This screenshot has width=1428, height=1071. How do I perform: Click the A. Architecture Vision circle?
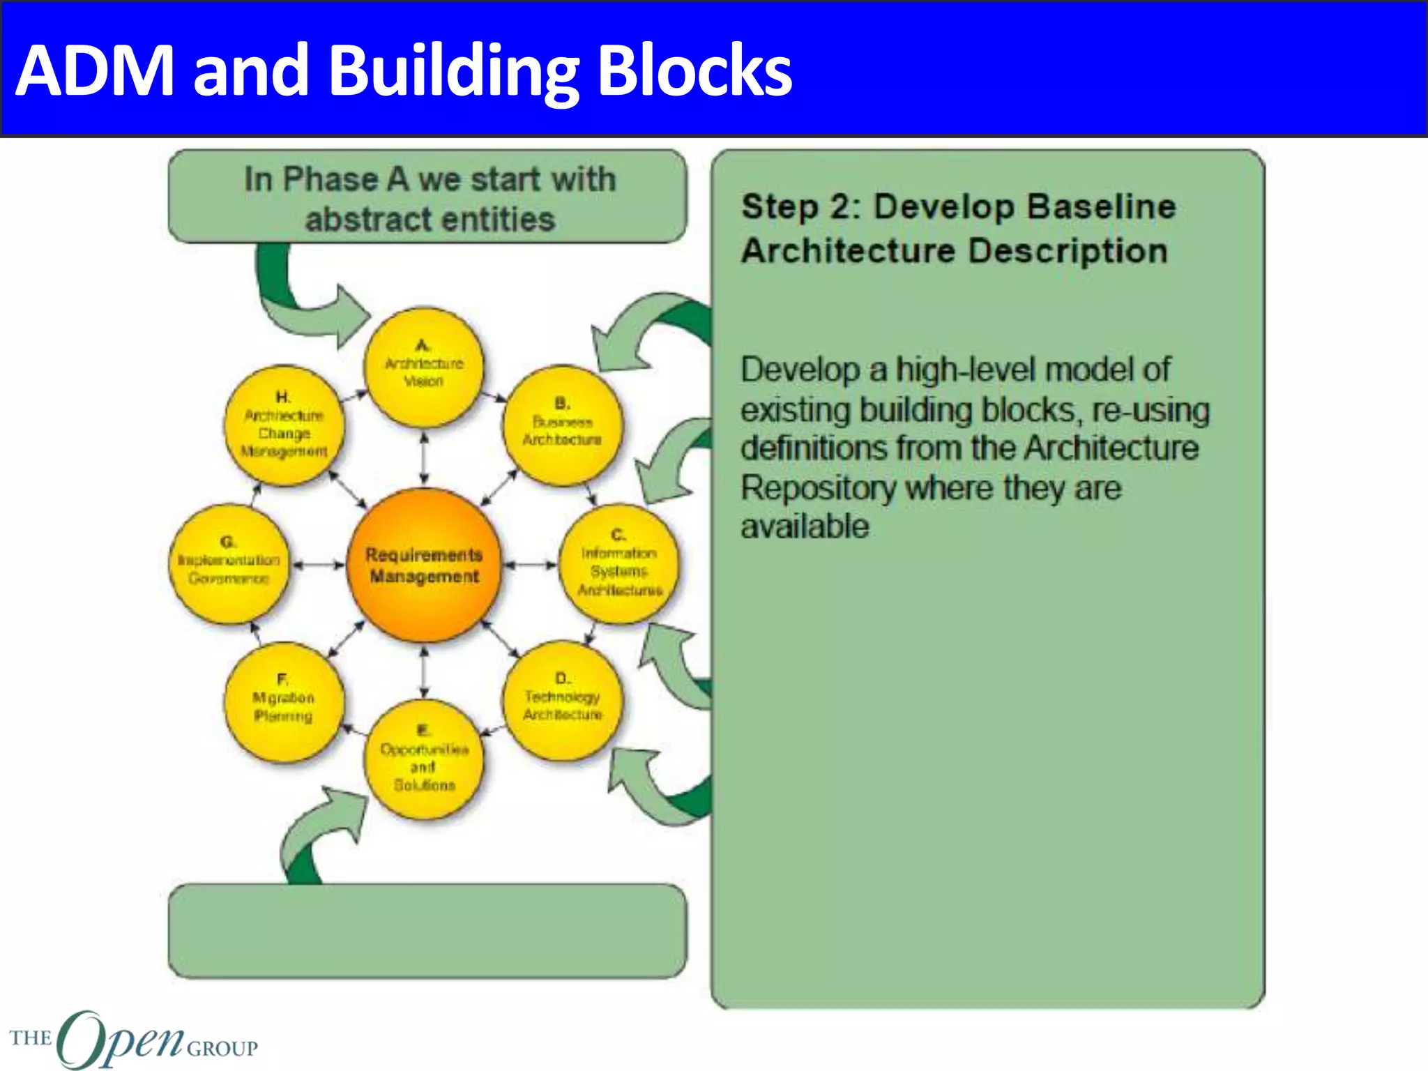pyautogui.click(x=423, y=367)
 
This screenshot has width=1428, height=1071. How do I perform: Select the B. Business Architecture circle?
pyautogui.click(x=562, y=425)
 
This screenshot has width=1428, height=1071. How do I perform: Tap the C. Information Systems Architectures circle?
pyautogui.click(x=619, y=563)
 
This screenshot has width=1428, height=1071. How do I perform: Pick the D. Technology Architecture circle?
pyautogui.click(x=562, y=699)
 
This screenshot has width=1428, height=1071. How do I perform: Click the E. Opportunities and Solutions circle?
pyautogui.click(x=423, y=760)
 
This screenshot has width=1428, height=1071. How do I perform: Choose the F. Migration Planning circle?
pyautogui.click(x=284, y=701)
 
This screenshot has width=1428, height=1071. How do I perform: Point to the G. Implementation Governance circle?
pyautogui.click(x=229, y=563)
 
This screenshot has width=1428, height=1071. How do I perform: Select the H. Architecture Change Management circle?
pyautogui.click(x=284, y=425)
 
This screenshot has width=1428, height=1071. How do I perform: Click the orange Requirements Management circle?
pyautogui.click(x=424, y=565)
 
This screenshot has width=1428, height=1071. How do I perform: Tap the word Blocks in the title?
pyautogui.click(x=694, y=70)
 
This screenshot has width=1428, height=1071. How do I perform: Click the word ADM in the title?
pyautogui.click(x=95, y=70)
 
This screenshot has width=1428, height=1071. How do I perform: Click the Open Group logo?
pyautogui.click(x=132, y=1039)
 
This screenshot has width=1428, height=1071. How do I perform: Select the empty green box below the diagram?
pyautogui.click(x=427, y=931)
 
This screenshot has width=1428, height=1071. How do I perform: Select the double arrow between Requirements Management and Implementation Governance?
pyautogui.click(x=318, y=565)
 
